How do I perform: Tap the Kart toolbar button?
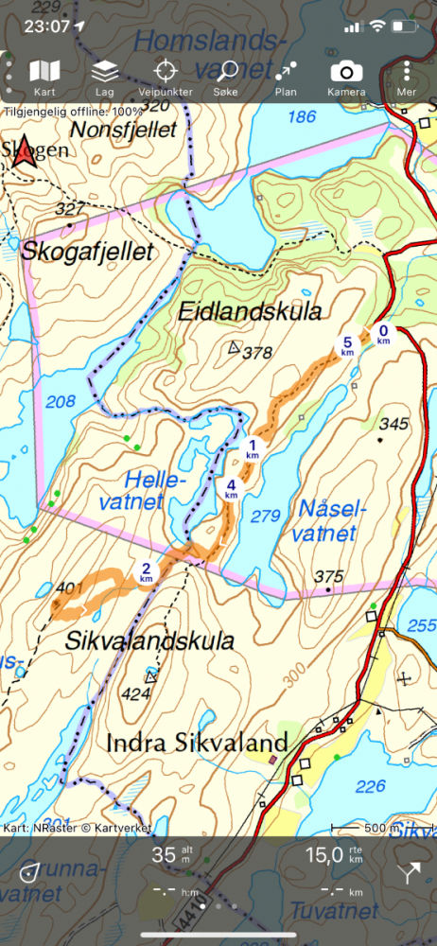[x=44, y=78]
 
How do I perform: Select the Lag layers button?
[x=104, y=78]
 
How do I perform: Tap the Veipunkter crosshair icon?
[x=166, y=78]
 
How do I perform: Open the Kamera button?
[x=345, y=78]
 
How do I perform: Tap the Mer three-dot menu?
[x=407, y=78]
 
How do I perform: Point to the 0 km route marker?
[x=384, y=334]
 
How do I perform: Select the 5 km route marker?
[x=347, y=345]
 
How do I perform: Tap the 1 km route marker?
[x=252, y=448]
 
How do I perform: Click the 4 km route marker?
[x=231, y=489]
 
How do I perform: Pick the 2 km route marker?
[x=147, y=571]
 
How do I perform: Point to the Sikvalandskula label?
[x=149, y=641]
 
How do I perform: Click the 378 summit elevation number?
[x=257, y=354]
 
